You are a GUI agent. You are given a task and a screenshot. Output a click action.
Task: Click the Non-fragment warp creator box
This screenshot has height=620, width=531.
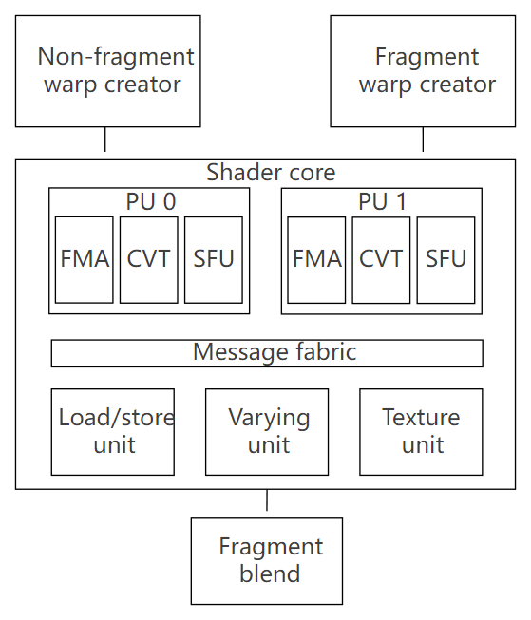point(107,71)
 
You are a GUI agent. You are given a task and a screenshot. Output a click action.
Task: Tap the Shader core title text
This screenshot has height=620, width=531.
point(271,173)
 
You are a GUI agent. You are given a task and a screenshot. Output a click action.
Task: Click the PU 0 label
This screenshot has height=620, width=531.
point(150,202)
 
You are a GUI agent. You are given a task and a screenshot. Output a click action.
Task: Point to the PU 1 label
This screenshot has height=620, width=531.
point(382,202)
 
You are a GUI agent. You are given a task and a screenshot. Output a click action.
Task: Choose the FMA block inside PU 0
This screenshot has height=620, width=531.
point(84,259)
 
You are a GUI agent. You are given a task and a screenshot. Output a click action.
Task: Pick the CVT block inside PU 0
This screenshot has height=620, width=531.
point(148,259)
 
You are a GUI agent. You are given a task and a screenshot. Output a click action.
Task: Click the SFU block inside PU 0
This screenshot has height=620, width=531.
point(213,259)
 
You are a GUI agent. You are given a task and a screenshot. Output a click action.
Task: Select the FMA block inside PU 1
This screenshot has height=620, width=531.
point(316,259)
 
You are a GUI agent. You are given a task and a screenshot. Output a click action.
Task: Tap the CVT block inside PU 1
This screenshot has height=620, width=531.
point(381,259)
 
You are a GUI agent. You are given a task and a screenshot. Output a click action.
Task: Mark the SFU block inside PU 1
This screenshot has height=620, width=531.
point(446,259)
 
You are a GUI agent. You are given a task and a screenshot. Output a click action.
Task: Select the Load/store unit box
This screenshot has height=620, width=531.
point(113,431)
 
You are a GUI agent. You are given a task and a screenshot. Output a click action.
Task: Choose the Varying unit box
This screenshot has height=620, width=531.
point(267,431)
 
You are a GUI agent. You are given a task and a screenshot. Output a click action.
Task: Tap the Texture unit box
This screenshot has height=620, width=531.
point(421,431)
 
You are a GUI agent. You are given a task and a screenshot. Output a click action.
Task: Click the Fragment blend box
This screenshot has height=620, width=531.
point(267,560)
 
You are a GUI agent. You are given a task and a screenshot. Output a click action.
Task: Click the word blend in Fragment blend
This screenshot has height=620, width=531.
point(270,574)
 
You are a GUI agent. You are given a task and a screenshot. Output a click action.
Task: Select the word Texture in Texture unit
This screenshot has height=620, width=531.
point(421,418)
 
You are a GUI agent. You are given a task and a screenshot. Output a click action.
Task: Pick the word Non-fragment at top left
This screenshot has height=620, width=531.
point(116,57)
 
